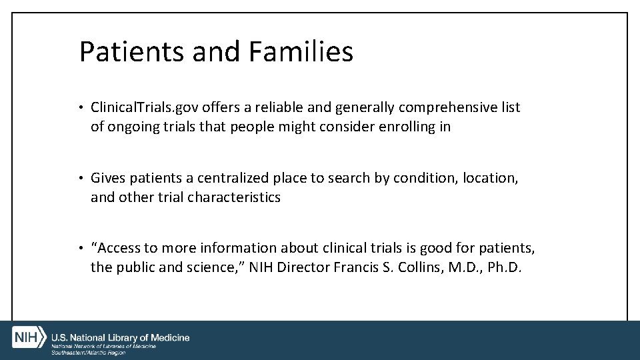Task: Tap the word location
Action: tap(492, 178)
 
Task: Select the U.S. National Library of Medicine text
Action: tap(121, 337)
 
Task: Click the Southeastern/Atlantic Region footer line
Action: tap(89, 353)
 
